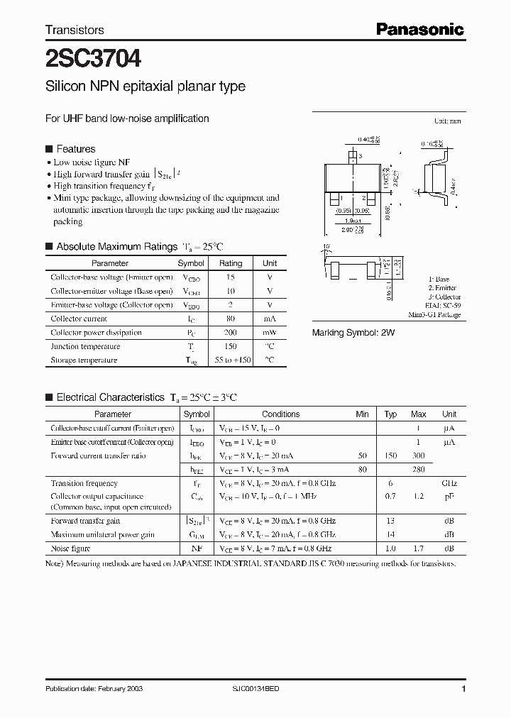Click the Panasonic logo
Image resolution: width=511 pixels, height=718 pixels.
[x=419, y=30]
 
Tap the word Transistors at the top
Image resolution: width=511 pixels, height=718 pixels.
[x=75, y=30]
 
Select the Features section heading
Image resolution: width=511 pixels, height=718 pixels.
[x=75, y=149]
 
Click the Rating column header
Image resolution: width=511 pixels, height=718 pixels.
[x=230, y=263]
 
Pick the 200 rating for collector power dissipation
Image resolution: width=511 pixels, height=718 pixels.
[x=230, y=333]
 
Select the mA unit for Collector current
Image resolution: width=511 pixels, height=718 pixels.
[x=270, y=319]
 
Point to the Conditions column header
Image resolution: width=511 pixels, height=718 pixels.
[x=280, y=414]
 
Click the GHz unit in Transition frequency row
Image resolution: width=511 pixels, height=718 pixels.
[x=449, y=483]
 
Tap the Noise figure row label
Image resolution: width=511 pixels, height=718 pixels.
[x=71, y=548]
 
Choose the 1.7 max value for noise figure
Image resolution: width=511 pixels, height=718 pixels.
[x=419, y=548]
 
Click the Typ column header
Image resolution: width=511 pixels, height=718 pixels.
[x=390, y=414]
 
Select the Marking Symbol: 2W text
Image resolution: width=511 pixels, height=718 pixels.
[x=353, y=332]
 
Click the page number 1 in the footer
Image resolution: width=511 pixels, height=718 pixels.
[x=463, y=690]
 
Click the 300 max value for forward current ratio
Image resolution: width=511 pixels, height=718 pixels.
[x=419, y=455]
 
